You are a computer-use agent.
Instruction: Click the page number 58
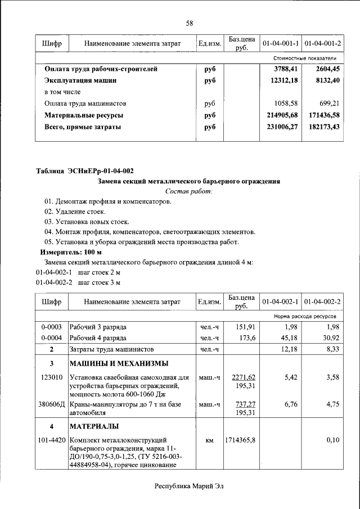(x=190, y=23)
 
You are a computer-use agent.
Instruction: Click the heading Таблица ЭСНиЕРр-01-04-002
(x=85, y=170)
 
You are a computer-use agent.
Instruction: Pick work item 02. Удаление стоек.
(x=75, y=211)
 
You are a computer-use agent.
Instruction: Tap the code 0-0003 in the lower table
(x=51, y=327)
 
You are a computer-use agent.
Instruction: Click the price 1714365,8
(x=240, y=440)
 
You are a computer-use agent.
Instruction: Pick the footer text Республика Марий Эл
(x=189, y=487)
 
